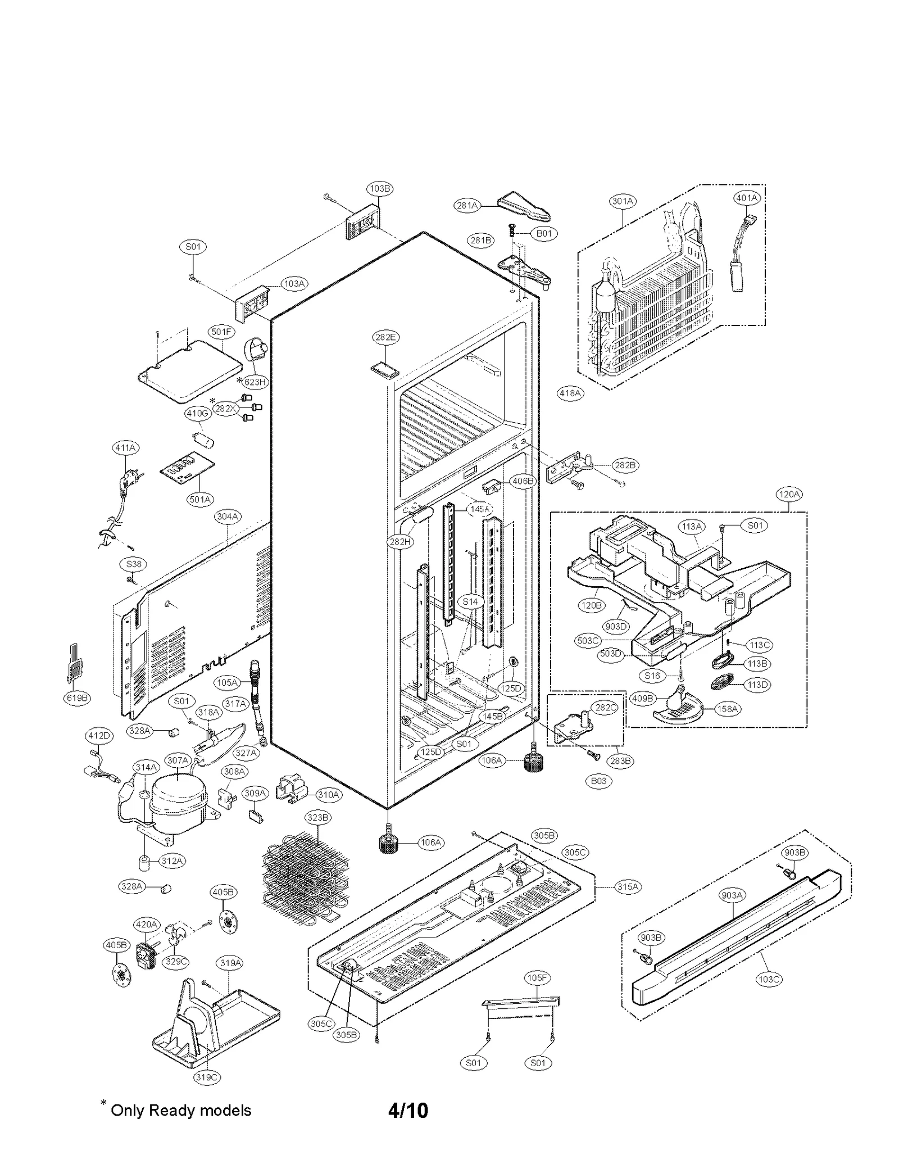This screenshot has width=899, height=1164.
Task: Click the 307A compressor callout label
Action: (x=178, y=760)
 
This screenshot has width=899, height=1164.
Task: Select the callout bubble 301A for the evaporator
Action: (x=623, y=201)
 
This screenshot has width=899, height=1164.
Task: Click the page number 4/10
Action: (x=408, y=1110)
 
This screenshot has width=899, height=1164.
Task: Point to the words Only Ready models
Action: (x=181, y=1110)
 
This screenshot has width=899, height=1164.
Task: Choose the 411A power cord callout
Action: (x=125, y=448)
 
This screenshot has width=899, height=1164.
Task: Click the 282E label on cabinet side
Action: (x=385, y=337)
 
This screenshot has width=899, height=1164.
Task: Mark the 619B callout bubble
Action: (x=77, y=698)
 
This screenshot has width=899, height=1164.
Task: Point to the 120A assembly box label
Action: (x=789, y=494)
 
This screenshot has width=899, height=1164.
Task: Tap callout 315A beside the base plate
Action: (x=628, y=886)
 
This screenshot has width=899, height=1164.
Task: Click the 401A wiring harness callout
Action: (x=747, y=198)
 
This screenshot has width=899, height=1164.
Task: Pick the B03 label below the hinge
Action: (x=599, y=781)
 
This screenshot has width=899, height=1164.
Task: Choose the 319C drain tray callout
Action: (x=206, y=1077)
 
